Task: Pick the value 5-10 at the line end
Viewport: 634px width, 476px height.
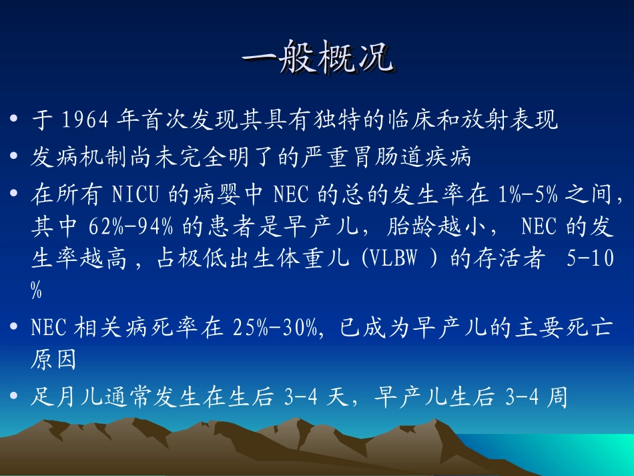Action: tap(590, 260)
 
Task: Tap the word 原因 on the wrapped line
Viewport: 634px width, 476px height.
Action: tap(54, 361)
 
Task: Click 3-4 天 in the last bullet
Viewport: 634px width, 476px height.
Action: tap(314, 397)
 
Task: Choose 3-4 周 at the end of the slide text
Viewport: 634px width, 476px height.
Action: tap(537, 397)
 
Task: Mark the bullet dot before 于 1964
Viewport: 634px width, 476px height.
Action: tap(15, 122)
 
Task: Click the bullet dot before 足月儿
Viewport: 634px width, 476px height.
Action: tap(15, 398)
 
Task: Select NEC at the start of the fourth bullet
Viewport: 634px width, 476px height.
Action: tap(50, 328)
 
